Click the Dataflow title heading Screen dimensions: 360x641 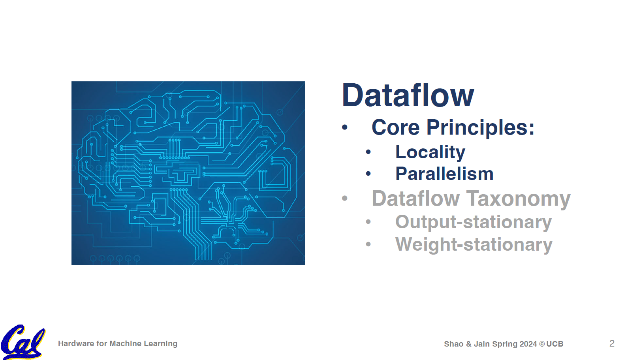pyautogui.click(x=408, y=96)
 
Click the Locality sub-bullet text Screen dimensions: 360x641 pyautogui.click(x=430, y=152)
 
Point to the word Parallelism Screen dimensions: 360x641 pyautogui.click(x=444, y=174)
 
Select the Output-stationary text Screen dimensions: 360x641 pyautogui.click(x=473, y=222)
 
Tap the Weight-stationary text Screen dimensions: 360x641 pyautogui.click(x=474, y=245)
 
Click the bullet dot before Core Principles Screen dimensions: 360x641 pyautogui.click(x=345, y=127)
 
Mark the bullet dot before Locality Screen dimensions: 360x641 pyautogui.click(x=368, y=152)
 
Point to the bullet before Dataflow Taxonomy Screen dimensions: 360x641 pyautogui.click(x=345, y=198)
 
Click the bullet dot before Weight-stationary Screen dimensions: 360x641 pyautogui.click(x=368, y=245)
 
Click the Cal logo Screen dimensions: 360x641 pyautogui.click(x=23, y=342)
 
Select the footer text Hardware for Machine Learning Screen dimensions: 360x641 pyautogui.click(x=117, y=344)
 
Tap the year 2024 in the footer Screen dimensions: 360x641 pyautogui.click(x=528, y=344)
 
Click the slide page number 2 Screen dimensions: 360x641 pyautogui.click(x=612, y=343)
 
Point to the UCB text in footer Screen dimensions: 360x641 pyautogui.click(x=555, y=344)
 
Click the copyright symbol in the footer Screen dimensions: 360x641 pyautogui.click(x=542, y=344)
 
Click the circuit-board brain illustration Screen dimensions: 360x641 pyautogui.click(x=188, y=173)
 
